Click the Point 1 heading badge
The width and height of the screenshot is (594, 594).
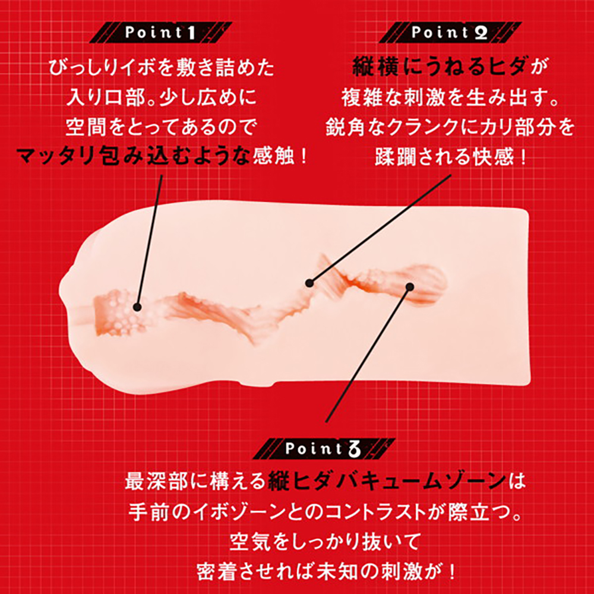[x=160, y=33]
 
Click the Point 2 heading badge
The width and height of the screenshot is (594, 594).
[x=450, y=33]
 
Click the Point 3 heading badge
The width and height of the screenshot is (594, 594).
[x=324, y=449]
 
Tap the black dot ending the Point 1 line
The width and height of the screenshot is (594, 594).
[x=137, y=307]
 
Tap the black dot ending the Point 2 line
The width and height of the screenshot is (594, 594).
[x=309, y=283]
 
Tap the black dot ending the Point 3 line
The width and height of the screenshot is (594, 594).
[x=409, y=287]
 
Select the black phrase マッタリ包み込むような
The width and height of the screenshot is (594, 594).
[x=133, y=156]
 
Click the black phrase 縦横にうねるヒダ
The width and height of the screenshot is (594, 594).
[x=439, y=68]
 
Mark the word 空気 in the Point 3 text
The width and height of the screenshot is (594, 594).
[x=249, y=542]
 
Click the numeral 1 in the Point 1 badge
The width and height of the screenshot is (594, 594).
[x=190, y=33]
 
